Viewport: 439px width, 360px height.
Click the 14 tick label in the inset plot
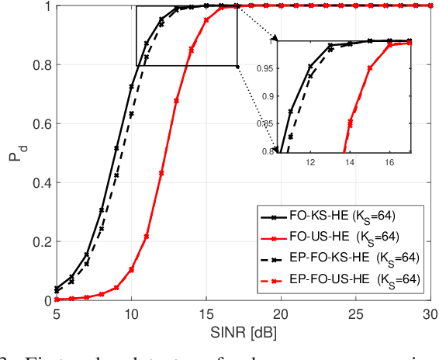tap(350, 164)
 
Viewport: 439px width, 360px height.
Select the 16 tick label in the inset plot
tap(389, 164)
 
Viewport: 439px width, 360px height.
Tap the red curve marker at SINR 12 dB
tap(161, 172)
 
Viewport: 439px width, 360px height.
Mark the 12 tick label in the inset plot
tap(310, 164)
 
